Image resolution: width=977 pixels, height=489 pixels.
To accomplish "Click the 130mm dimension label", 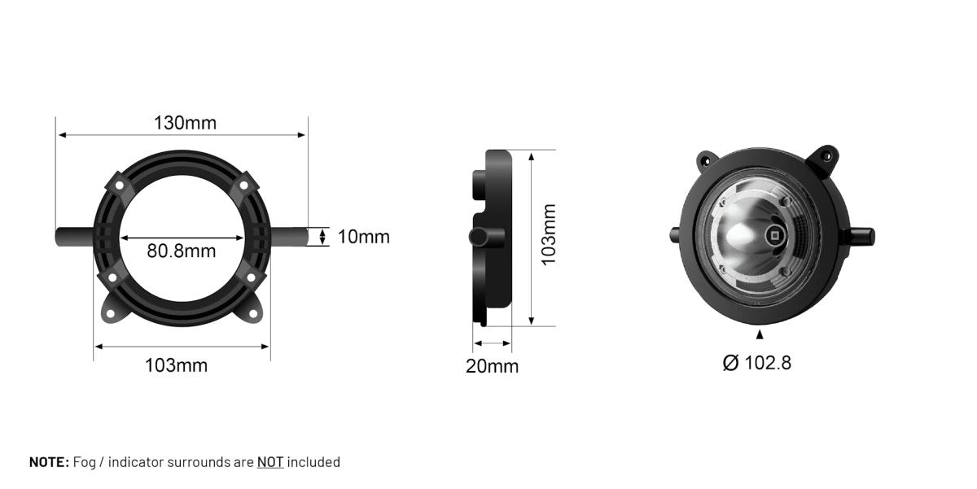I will point(186,123).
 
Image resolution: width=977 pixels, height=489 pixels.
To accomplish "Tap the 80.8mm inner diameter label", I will point(182,251).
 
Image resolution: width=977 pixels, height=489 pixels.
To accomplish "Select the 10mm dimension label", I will point(363,237).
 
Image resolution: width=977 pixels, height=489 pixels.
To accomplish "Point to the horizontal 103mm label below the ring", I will point(176,365).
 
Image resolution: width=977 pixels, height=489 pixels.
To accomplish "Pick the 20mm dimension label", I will point(492,366).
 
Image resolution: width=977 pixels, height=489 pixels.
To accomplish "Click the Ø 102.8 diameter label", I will point(757,363).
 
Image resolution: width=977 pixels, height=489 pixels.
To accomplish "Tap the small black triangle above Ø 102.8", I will point(760,334).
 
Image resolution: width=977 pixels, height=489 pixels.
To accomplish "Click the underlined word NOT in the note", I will point(270,462).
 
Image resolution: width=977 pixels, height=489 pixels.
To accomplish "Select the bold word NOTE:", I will point(49,462).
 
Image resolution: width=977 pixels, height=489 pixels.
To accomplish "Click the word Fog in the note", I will point(84,462).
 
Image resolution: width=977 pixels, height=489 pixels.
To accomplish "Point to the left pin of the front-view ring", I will point(74,237).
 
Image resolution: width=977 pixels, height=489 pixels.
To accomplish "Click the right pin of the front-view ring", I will point(290,237).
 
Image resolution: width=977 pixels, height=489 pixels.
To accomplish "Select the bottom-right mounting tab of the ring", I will point(252,308).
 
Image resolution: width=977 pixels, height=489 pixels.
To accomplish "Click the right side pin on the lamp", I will point(861,236).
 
